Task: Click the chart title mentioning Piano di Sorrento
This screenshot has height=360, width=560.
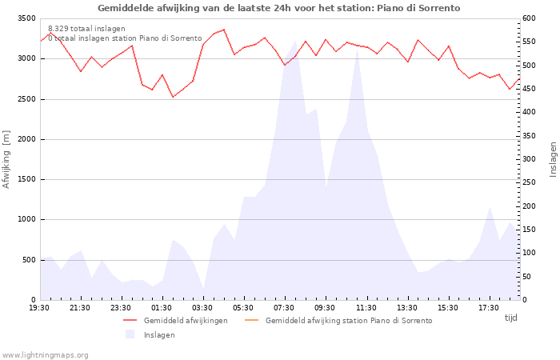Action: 278,8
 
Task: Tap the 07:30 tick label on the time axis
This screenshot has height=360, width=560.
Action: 284,308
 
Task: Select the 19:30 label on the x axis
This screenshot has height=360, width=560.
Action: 39,308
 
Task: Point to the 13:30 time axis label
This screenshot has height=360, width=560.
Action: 406,308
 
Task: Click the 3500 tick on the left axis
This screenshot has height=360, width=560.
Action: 26,18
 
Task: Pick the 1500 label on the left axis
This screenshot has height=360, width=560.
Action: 26,180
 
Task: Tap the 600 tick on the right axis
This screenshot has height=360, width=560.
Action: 529,18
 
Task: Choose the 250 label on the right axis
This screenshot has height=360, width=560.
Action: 529,182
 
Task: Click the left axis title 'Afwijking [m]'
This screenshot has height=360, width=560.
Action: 6,159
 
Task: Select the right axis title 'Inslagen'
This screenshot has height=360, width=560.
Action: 553,159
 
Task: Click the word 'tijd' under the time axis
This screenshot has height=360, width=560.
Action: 510,318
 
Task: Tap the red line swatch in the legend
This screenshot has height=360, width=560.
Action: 130,320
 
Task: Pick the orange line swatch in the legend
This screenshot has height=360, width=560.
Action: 252,320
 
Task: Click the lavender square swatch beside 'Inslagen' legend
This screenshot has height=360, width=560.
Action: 130,334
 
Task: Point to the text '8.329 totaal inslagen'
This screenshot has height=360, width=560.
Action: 86,29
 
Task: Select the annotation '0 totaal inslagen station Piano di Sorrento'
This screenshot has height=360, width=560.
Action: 125,38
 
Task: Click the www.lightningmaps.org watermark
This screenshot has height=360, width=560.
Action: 44,355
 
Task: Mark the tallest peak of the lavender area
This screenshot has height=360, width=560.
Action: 295,41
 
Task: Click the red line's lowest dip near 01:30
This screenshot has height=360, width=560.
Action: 173,97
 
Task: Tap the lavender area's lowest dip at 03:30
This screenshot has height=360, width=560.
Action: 203,289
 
